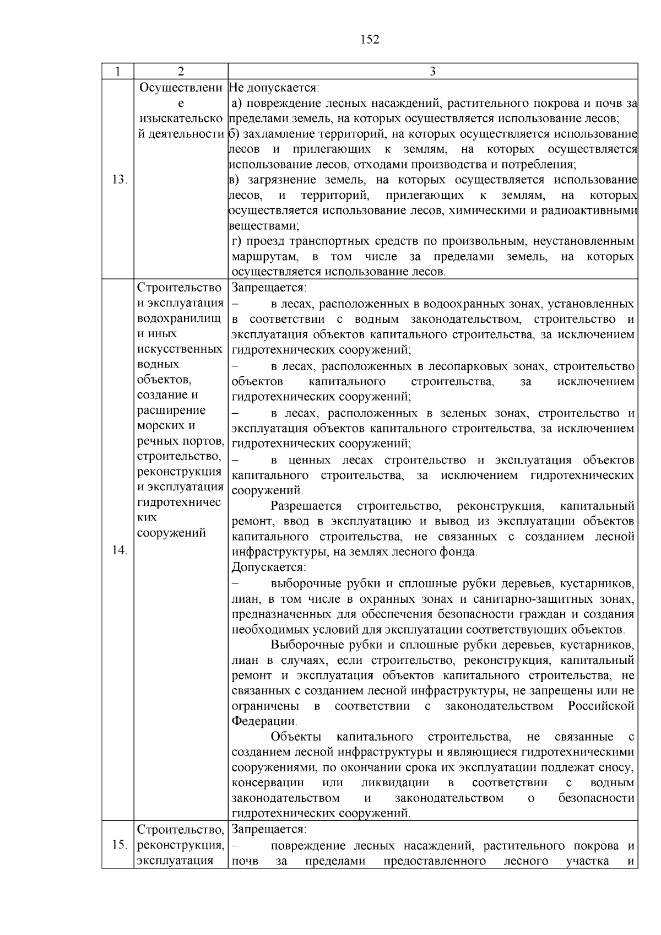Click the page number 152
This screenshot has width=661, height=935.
coord(370,39)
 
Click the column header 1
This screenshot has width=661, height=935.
coord(117,72)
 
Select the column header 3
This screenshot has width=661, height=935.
coord(432,72)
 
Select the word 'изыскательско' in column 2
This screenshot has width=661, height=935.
coord(181,118)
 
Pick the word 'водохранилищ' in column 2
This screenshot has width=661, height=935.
coord(179,318)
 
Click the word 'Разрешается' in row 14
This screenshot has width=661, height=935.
coord(306,506)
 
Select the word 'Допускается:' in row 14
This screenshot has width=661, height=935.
coord(268,567)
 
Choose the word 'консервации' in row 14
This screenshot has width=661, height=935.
coord(268,783)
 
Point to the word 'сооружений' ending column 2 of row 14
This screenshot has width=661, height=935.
coord(171,533)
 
